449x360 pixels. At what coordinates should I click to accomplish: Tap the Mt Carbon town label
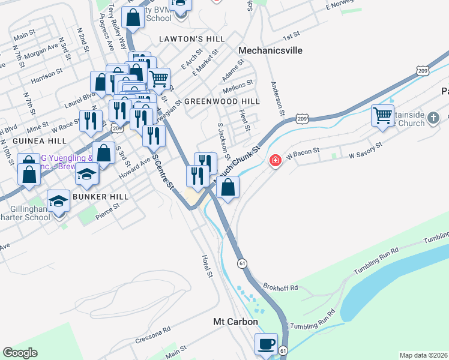pyautogui.click(x=235, y=322)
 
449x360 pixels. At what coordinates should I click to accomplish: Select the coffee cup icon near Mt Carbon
pyautogui.click(x=265, y=344)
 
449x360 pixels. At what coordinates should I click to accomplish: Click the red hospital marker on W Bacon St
pyautogui.click(x=276, y=161)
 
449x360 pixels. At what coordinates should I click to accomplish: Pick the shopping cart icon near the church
pyautogui.click(x=382, y=115)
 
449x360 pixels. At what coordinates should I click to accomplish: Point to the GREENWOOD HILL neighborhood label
pyautogui.click(x=221, y=101)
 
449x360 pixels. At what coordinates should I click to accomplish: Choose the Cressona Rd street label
pyautogui.click(x=153, y=334)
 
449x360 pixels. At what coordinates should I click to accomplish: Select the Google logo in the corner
pyautogui.click(x=20, y=353)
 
